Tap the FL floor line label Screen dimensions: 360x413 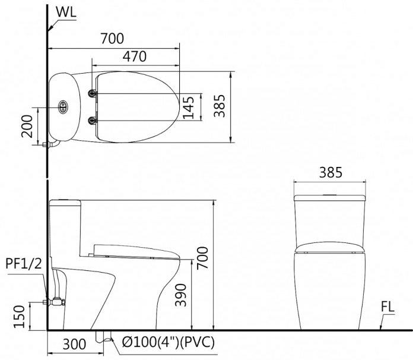point(389,308)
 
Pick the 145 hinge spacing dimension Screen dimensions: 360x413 point(189,108)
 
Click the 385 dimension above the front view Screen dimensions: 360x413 point(330,172)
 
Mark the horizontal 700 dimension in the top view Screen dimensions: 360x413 point(112,39)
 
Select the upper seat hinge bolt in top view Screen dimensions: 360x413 point(92,93)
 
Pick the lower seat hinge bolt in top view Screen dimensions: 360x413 point(92,121)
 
